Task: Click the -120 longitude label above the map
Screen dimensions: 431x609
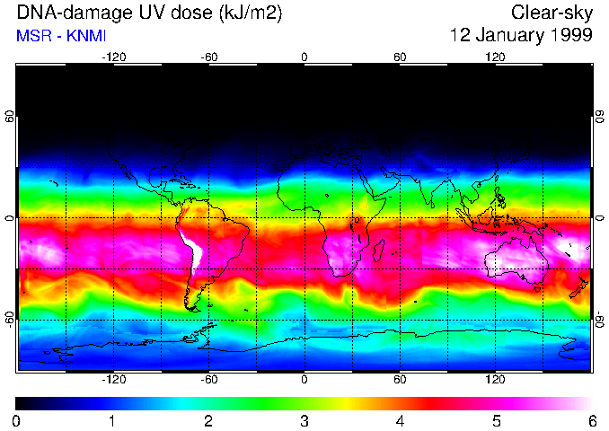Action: pyautogui.click(x=113, y=57)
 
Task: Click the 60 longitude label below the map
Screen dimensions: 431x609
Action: pyautogui.click(x=400, y=379)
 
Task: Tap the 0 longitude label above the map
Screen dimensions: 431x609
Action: pyautogui.click(x=304, y=57)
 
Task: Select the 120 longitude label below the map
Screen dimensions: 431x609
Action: pyautogui.click(x=495, y=379)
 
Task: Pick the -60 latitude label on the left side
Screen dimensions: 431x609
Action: pyautogui.click(x=9, y=319)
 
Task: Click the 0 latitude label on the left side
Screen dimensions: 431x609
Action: pyautogui.click(x=9, y=218)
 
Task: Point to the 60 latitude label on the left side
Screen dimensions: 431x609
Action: pyautogui.click(x=9, y=118)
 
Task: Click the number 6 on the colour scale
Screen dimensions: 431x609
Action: pyautogui.click(x=591, y=420)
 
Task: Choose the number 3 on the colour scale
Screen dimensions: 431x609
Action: pyautogui.click(x=304, y=420)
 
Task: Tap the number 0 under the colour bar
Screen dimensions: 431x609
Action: pyautogui.click(x=17, y=420)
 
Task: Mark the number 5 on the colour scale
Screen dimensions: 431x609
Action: pyautogui.click(x=496, y=420)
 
